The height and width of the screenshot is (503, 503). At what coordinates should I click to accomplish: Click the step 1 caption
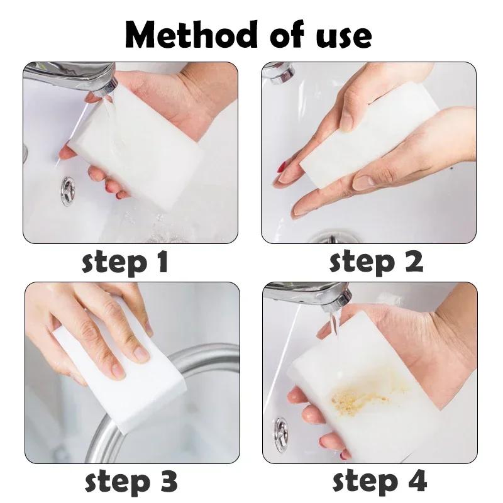(x=125, y=262)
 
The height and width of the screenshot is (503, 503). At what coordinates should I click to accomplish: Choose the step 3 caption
(x=130, y=482)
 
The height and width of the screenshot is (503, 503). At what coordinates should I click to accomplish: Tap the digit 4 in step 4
(x=416, y=482)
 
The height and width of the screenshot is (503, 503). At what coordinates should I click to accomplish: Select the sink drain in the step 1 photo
(x=68, y=191)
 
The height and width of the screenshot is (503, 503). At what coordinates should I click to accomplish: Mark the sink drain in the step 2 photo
(x=327, y=238)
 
